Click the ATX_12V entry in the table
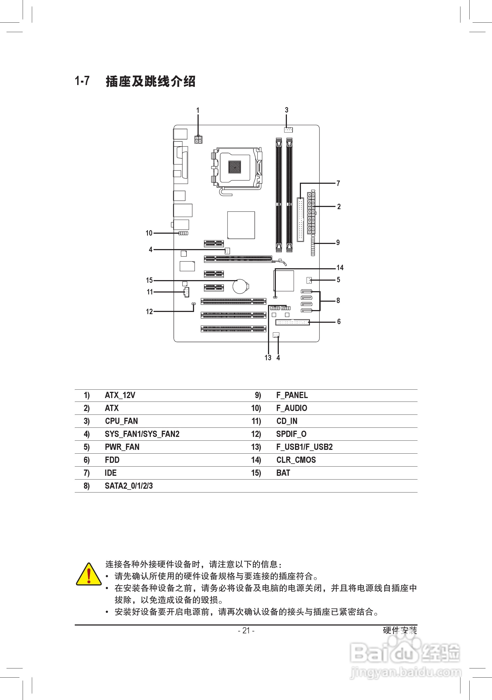coord(120,395)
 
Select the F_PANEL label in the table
coord(292,395)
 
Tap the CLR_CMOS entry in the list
coord(296,460)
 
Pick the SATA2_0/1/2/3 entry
coord(129,486)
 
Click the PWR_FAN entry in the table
coord(122,447)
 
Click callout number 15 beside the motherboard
coord(149,280)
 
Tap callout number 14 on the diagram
coord(340,268)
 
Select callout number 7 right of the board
coord(338,183)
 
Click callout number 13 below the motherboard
coord(268,358)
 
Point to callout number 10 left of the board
coord(149,233)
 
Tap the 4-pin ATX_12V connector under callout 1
coord(198,139)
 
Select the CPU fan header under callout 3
coord(288,130)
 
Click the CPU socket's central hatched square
coord(235,167)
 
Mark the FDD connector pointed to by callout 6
coord(292,322)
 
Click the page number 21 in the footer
coord(246,630)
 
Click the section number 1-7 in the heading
coord(82,81)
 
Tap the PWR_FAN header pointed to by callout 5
coord(309,280)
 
